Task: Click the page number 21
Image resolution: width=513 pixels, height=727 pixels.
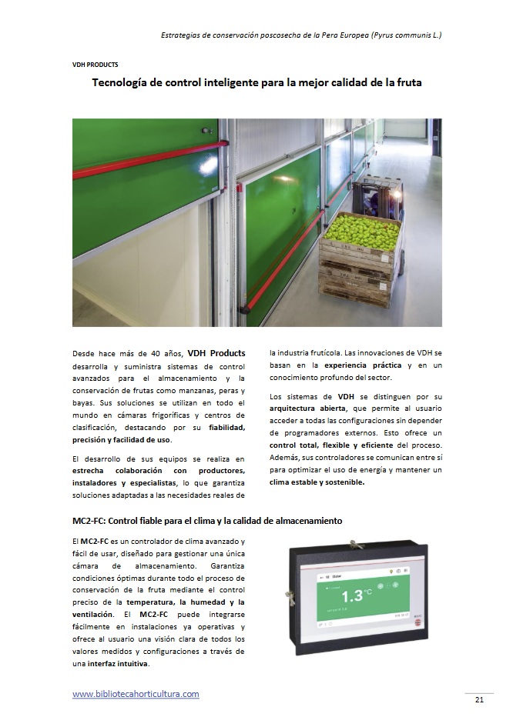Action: (x=478, y=699)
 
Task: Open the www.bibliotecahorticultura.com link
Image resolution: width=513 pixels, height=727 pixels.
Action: (x=136, y=694)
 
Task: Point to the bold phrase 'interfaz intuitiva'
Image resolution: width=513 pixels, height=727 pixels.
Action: (x=118, y=663)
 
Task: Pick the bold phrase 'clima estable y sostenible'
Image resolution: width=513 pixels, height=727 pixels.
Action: (x=317, y=482)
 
